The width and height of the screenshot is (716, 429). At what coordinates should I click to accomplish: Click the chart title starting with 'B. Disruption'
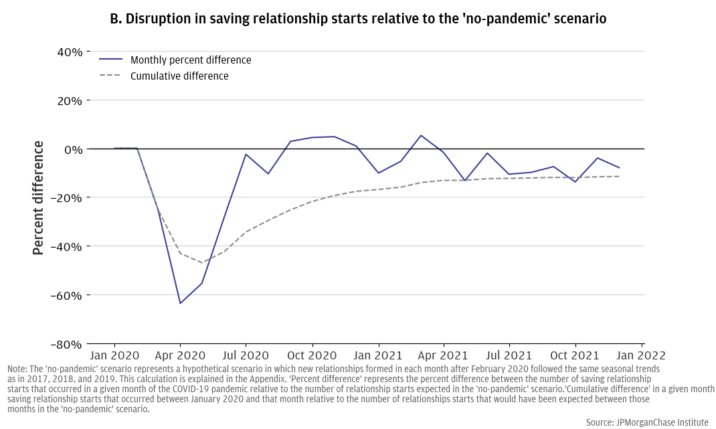coord(358,19)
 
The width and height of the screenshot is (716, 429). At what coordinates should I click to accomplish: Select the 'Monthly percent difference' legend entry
coord(191,60)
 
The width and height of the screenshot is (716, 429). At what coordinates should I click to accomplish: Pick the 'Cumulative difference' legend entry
coord(179,76)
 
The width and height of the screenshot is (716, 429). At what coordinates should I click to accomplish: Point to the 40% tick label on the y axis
coord(68,52)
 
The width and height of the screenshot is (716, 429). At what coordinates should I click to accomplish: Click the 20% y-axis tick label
coord(68,100)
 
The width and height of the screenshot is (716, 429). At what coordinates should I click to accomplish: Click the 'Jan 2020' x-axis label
coord(114,355)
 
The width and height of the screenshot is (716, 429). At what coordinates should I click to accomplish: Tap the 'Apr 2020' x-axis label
coord(180,355)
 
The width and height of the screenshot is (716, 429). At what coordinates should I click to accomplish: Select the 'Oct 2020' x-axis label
coord(312,355)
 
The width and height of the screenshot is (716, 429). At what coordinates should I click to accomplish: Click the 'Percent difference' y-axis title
coord(39,197)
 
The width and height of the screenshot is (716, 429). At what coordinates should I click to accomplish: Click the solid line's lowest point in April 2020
coord(180,303)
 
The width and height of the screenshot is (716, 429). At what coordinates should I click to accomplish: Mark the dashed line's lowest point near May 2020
coord(202,263)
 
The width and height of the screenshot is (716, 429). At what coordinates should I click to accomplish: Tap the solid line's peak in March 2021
coord(421,135)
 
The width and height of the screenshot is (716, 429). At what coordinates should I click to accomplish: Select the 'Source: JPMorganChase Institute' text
coord(647,422)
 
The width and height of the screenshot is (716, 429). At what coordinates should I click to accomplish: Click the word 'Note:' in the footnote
coord(19,369)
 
